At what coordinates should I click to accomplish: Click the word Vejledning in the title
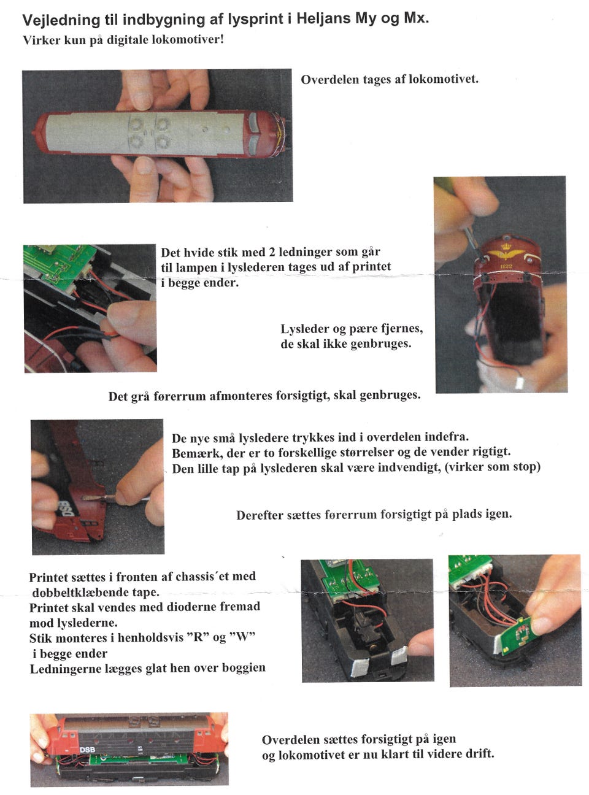(x=61, y=20)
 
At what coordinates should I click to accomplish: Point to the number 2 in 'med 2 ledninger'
(x=272, y=252)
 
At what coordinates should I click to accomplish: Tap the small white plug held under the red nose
(x=518, y=382)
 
